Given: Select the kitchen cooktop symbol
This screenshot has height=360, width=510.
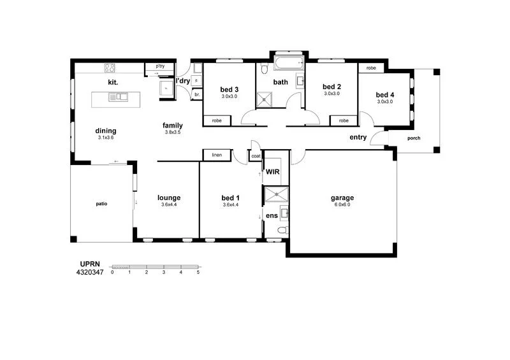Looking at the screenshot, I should click(x=110, y=68).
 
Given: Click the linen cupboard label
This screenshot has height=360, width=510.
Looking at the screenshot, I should click(x=216, y=155).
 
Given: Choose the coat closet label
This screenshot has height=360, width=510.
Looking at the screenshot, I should click(x=256, y=155).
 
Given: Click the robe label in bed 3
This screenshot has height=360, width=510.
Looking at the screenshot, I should click(x=216, y=120).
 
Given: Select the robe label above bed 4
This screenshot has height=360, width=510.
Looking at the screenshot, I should click(x=370, y=68).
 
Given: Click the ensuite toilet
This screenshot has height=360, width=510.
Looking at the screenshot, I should click(x=281, y=230).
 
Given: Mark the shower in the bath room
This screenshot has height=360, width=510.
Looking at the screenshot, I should click(x=265, y=100).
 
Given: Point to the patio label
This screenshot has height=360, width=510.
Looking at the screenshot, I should click(x=102, y=204).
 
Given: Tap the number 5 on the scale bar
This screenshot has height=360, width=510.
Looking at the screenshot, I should click(x=198, y=272).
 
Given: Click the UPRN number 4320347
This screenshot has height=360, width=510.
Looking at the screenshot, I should click(x=89, y=272).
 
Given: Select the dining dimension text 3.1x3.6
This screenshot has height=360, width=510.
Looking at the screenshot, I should click(x=106, y=138).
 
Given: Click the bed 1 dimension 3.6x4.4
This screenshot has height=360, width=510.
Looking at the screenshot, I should click(x=230, y=205).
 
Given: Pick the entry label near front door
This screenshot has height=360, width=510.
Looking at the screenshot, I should click(x=358, y=137).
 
